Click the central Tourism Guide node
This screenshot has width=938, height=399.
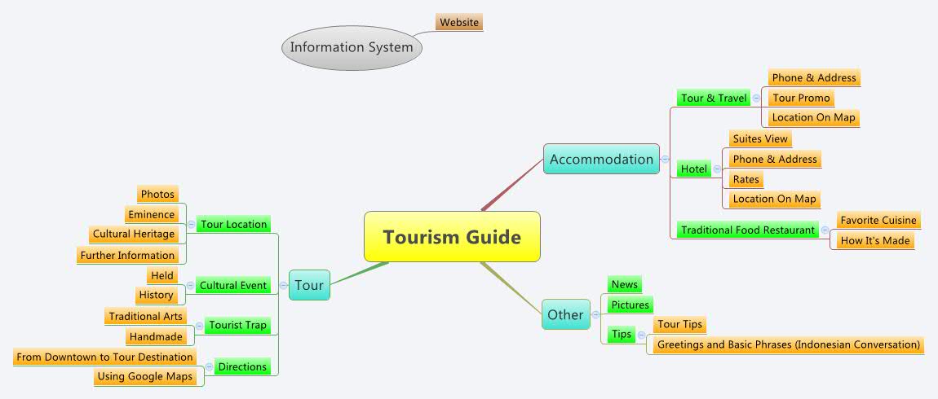click(x=452, y=237)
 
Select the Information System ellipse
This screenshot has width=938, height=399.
click(x=352, y=47)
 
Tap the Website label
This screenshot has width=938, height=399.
click(x=459, y=22)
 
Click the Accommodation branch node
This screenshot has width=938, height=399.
click(x=601, y=160)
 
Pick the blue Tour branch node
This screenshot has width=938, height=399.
click(x=309, y=285)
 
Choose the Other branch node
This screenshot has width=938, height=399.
click(x=565, y=314)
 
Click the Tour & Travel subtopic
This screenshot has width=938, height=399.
click(x=715, y=98)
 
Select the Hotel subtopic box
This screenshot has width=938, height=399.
click(x=694, y=169)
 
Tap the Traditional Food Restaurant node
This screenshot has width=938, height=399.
click(x=748, y=230)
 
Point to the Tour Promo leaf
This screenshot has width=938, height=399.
click(x=801, y=98)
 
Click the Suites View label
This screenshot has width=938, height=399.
click(x=760, y=138)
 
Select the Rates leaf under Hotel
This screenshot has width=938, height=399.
click(x=746, y=179)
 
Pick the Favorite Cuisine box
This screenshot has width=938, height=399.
click(x=878, y=220)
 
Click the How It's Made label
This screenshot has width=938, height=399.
click(x=874, y=240)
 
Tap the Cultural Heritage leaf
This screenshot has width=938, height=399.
click(x=134, y=234)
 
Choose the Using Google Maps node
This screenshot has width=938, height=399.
click(x=144, y=376)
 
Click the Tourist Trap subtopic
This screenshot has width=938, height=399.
click(x=237, y=325)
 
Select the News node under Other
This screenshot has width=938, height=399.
click(x=625, y=284)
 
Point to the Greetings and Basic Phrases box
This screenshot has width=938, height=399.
click(x=789, y=344)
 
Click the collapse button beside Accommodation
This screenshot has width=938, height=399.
click(x=666, y=160)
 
